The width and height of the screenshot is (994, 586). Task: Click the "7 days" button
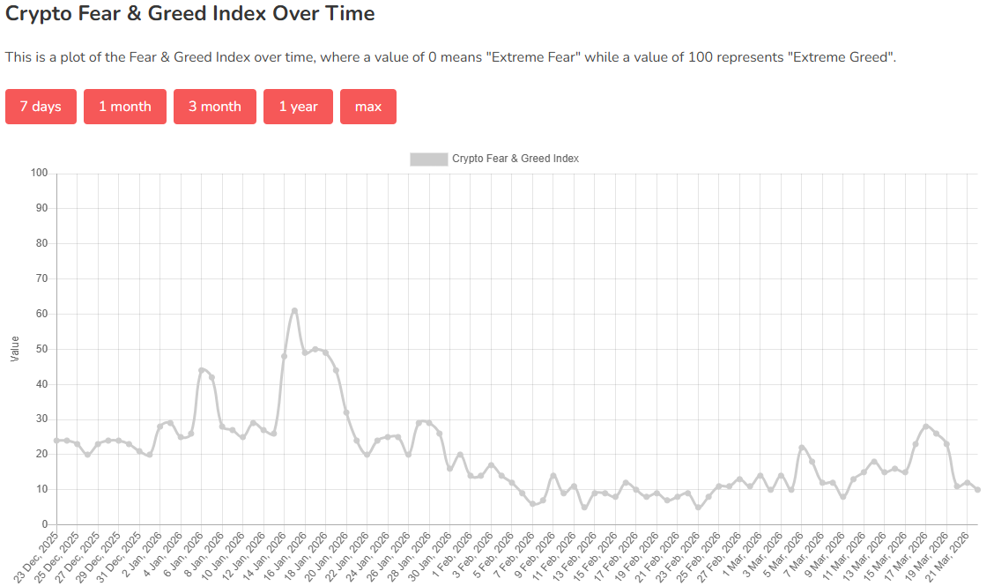tap(41, 107)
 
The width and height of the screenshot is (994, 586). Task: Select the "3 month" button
tap(215, 107)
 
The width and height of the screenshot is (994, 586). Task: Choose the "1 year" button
tap(298, 107)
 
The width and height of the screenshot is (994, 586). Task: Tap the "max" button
tap(368, 107)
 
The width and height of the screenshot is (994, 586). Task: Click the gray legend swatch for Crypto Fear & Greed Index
tap(428, 159)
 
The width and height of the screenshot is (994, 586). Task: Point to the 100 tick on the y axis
tap(38, 173)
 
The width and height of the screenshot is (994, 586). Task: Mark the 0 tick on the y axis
tap(43, 524)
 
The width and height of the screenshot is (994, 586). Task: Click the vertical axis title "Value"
tap(15, 348)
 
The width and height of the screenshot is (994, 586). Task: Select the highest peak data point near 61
tap(294, 310)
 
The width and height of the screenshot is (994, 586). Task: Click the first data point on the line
tap(56, 440)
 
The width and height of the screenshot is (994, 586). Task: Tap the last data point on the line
tap(978, 489)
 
